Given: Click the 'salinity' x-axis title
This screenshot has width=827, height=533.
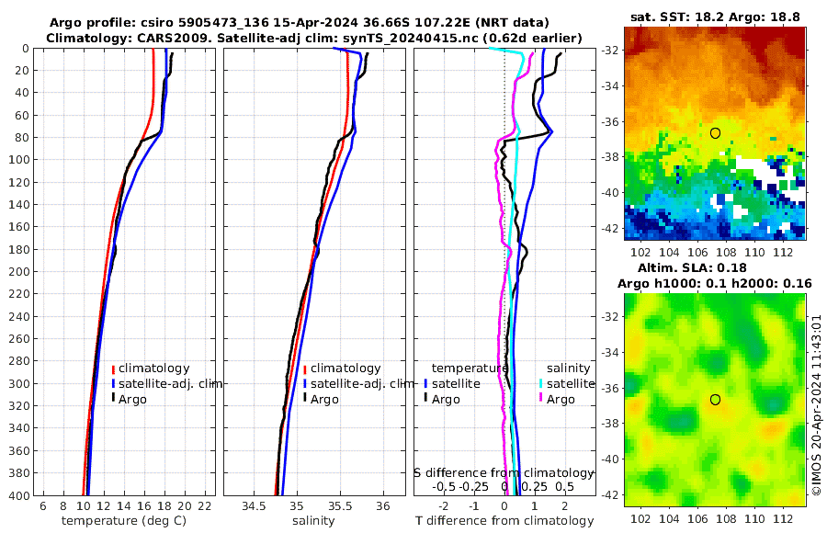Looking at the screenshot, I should pyautogui.click(x=313, y=521).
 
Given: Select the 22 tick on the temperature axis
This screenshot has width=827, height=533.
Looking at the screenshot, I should pyautogui.click(x=205, y=506).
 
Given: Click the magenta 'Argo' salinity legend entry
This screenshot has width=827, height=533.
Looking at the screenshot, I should pyautogui.click(x=560, y=399).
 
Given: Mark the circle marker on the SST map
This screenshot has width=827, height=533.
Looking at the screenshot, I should pyautogui.click(x=715, y=133).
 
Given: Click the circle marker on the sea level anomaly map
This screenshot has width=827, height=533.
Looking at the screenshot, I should pyautogui.click(x=715, y=400).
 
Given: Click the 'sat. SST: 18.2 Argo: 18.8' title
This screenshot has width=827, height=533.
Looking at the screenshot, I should pyautogui.click(x=716, y=17).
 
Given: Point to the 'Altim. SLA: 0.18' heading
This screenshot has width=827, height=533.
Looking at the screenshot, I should pyautogui.click(x=716, y=267).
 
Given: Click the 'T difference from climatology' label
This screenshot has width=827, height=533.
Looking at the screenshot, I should pyautogui.click(x=504, y=521).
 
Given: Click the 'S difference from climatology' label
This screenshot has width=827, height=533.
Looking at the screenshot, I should pyautogui.click(x=504, y=471).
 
